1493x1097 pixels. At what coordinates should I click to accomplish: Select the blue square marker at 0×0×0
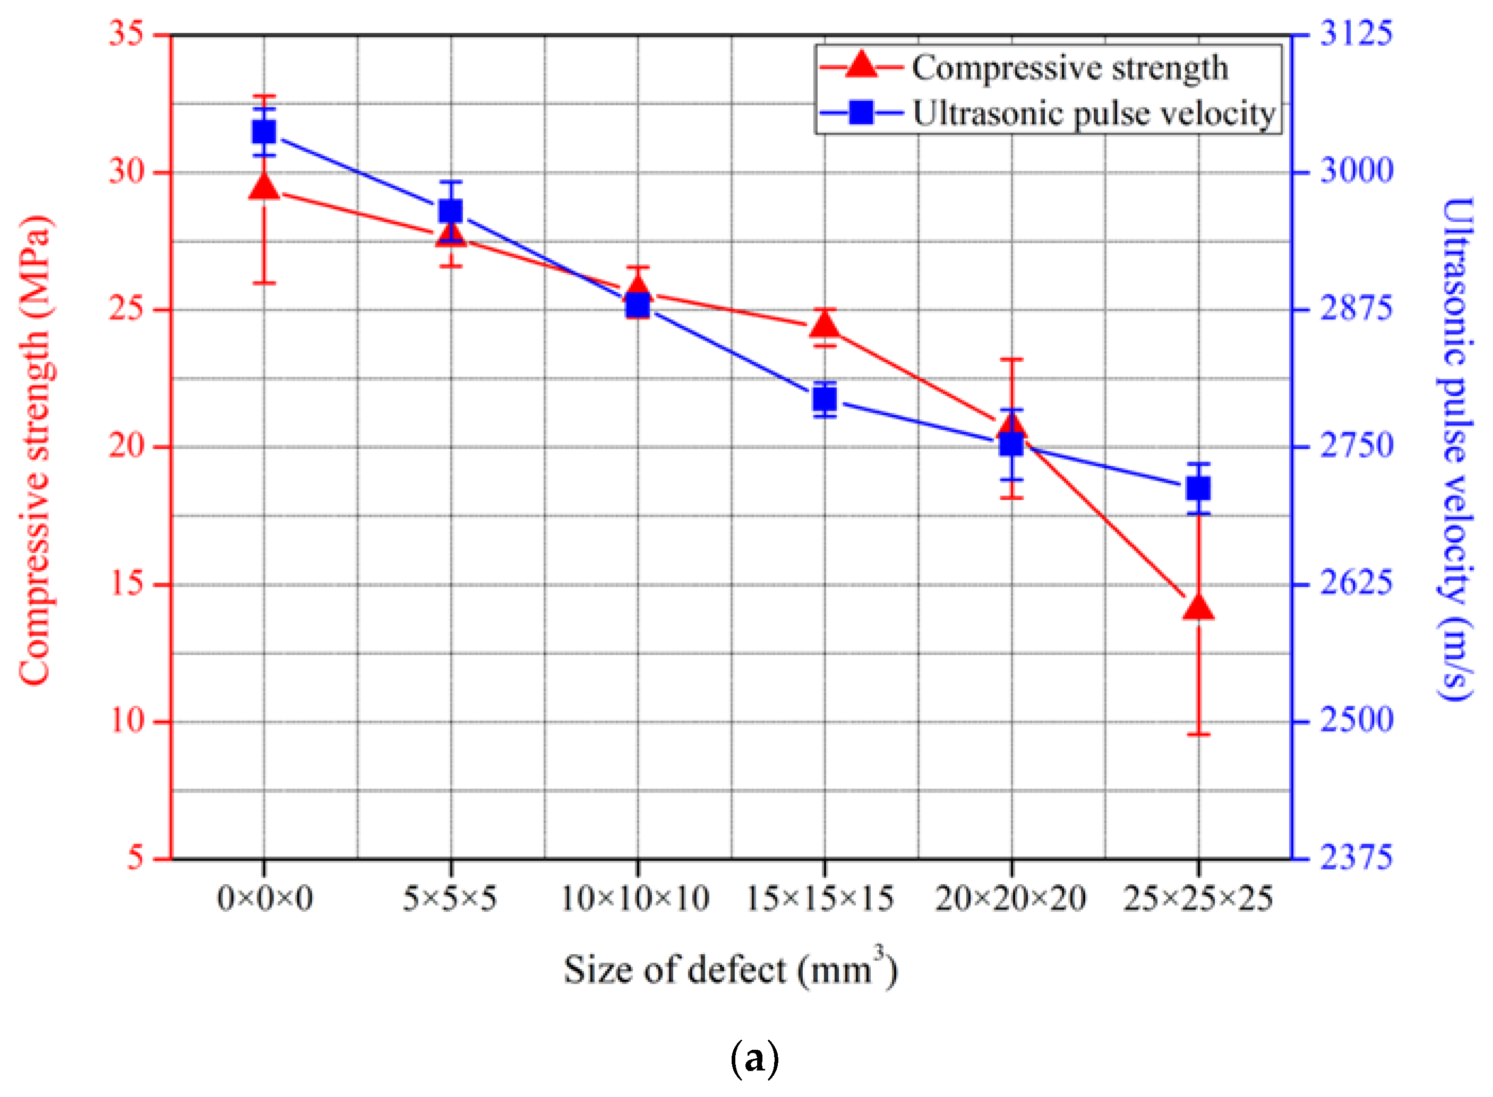click(264, 132)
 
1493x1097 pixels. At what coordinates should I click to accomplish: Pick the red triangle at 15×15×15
click(824, 325)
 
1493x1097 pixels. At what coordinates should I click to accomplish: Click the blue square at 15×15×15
click(824, 399)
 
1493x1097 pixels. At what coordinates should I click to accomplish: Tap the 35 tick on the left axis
click(126, 33)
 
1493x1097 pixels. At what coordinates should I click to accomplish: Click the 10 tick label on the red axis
click(126, 720)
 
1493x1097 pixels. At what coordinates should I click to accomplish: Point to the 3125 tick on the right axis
click(1355, 33)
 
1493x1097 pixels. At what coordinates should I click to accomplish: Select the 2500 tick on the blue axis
click(1355, 720)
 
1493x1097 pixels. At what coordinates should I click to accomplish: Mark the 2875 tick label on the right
click(1355, 309)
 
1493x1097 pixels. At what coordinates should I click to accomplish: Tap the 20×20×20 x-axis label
click(1010, 899)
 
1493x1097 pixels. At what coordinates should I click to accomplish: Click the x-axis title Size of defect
click(730, 970)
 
